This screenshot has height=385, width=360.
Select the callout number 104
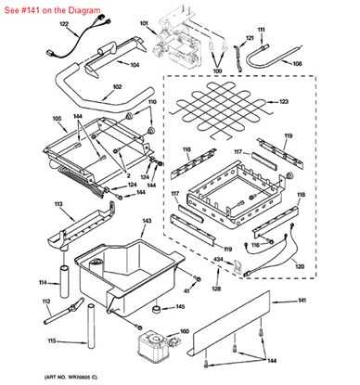pos(135,65)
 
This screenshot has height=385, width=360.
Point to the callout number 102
pos(117,88)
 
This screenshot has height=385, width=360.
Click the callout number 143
pos(146,222)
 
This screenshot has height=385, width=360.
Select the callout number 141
pos(328,301)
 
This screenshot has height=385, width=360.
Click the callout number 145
pos(180,307)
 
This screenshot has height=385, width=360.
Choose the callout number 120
pos(325,265)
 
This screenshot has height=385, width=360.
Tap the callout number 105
pos(31,120)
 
